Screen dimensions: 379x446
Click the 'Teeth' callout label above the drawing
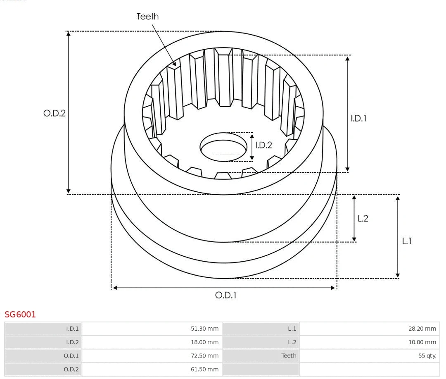coord(147,17)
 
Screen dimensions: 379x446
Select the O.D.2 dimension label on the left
coord(55,113)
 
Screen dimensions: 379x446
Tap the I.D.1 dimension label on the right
coord(358,118)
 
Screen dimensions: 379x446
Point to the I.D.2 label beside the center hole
coord(263,145)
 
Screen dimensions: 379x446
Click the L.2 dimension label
coord(363,219)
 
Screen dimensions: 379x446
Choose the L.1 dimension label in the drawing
coord(407,241)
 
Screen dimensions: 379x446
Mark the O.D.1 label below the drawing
coord(226,295)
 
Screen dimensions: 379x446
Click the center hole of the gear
coord(223,147)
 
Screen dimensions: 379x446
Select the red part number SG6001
coord(20,315)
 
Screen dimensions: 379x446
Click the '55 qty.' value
coord(427,356)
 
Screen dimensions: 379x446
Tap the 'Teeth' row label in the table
coord(289,356)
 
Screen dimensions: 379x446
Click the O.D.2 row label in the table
coord(71,369)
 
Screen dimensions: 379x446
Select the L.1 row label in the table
coord(292,329)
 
